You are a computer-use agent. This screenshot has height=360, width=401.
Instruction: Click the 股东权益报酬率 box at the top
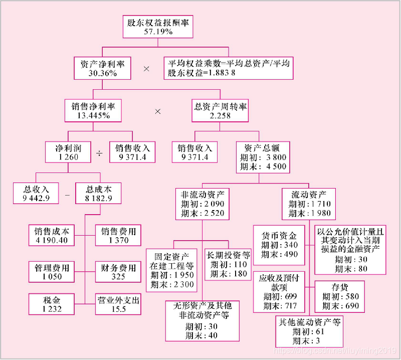[158, 27]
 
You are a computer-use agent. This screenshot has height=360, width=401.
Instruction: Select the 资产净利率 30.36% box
[102, 68]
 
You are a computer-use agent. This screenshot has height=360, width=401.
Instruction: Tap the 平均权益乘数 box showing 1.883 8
[229, 68]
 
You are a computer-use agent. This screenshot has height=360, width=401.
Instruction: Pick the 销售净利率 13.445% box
[94, 110]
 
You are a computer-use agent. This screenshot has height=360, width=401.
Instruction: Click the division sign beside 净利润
[99, 152]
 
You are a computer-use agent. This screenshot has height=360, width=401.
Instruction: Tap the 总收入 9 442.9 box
[36, 194]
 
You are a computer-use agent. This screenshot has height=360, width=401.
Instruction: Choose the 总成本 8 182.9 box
[99, 194]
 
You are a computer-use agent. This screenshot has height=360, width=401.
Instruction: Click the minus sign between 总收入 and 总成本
[67, 195]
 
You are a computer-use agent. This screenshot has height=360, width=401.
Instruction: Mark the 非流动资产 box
[203, 203]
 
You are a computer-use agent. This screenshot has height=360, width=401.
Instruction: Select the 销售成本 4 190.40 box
[52, 236]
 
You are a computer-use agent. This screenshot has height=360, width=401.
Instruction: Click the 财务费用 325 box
[118, 272]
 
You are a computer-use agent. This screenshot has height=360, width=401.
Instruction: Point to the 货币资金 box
[279, 245]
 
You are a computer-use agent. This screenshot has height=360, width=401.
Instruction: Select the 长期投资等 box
[228, 264]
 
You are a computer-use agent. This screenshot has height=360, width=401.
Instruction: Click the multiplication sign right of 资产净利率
[146, 68]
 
